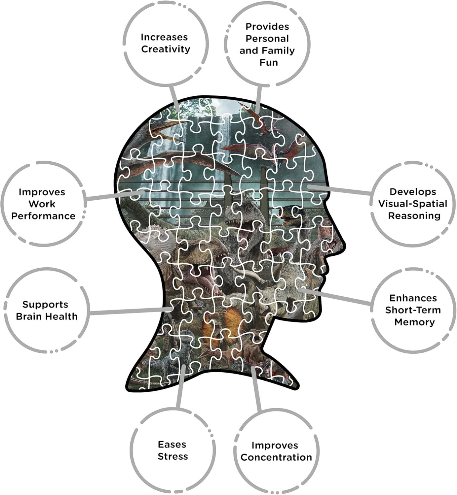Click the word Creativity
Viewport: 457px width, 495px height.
coord(166,49)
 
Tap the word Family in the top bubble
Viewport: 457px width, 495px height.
coord(279,50)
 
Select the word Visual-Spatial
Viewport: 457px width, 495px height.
coord(413,204)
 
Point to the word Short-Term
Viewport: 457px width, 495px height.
coord(413,310)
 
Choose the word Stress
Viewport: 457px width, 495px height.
coord(173,456)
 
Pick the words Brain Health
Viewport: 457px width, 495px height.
coord(47,316)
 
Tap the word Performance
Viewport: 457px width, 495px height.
coord(43,216)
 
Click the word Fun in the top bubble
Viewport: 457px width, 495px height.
coord(269,63)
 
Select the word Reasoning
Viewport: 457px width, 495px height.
coord(414,216)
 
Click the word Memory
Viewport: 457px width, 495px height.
coord(415,322)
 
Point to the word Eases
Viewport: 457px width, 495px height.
coord(172,445)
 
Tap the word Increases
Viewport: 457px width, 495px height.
coord(164,37)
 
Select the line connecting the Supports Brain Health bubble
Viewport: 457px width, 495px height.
coord(131,311)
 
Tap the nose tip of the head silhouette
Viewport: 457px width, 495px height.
coord(344,246)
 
